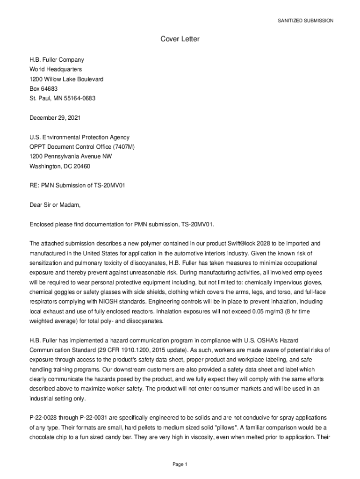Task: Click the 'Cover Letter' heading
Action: [x=180, y=39]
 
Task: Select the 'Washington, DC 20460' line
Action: [x=60, y=166]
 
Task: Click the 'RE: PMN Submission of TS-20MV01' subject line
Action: [x=77, y=186]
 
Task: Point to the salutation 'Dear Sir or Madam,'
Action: [x=55, y=205]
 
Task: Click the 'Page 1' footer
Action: [x=180, y=464]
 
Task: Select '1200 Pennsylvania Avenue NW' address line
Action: [x=71, y=157]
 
